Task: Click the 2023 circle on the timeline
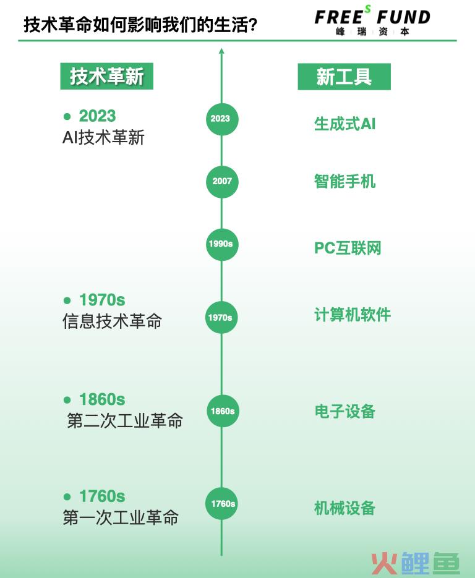pos(222,119)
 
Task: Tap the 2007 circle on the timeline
pos(222,181)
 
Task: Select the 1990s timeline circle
pos(222,244)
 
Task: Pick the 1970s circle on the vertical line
pos(221,317)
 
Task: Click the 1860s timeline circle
pos(223,411)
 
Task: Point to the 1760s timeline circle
pos(221,504)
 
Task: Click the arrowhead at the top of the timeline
pos(221,51)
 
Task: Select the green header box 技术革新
pos(106,76)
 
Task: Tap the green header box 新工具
pos(344,77)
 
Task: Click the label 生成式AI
pos(345,124)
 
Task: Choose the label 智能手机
pos(345,181)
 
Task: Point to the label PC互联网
pos(348,248)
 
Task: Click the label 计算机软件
pos(353,315)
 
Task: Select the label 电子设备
pos(345,411)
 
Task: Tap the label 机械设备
pos(345,508)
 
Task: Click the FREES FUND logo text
pos(372,17)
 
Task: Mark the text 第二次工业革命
pos(125,420)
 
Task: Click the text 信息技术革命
pos(112,321)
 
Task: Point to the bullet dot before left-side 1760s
pos(67,496)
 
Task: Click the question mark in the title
pos(252,25)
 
